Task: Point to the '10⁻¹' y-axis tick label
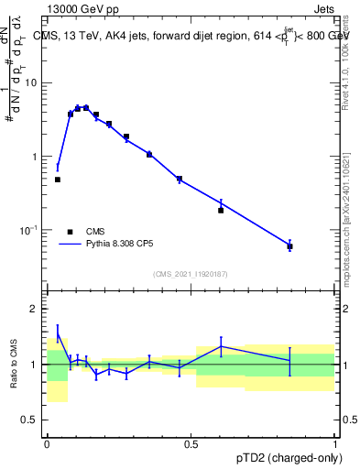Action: [x=27, y=230]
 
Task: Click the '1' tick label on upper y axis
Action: [x=34, y=157]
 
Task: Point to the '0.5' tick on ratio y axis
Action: [x=29, y=421]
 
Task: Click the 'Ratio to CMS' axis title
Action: [x=13, y=365]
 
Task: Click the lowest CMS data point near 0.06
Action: [x=289, y=246]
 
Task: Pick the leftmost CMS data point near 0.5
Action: [x=57, y=180]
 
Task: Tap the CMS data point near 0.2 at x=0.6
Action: [x=221, y=210]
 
